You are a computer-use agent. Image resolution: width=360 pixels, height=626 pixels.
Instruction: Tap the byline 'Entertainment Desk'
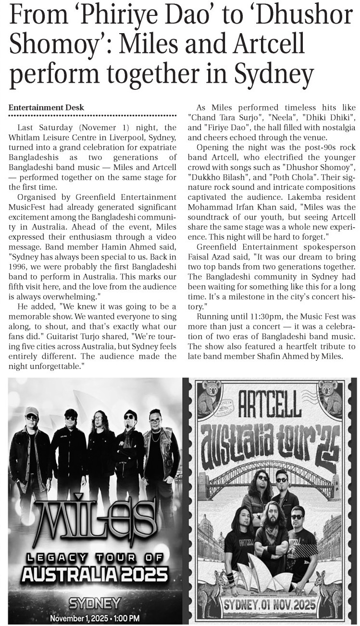pyautogui.click(x=46, y=107)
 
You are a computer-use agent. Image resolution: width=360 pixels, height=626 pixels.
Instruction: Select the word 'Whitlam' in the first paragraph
pyautogui.click(x=26, y=137)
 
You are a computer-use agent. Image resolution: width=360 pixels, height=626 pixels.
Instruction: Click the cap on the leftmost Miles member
pyautogui.click(x=32, y=411)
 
